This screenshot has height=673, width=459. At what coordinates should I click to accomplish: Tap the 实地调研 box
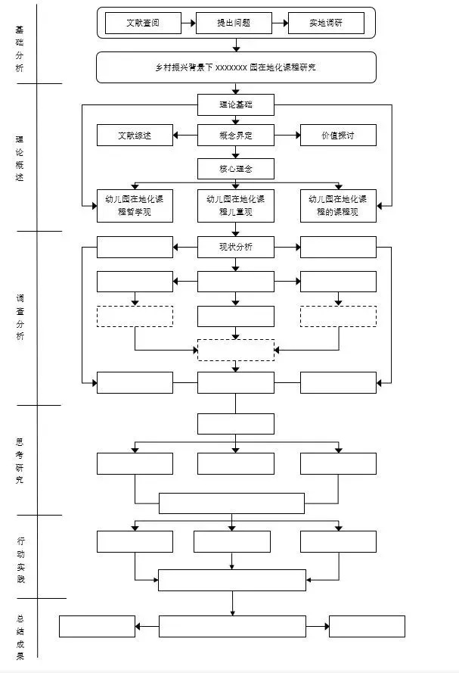(x=326, y=23)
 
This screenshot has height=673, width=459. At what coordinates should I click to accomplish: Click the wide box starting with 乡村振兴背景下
(x=236, y=67)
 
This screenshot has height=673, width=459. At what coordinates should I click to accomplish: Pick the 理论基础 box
(x=235, y=104)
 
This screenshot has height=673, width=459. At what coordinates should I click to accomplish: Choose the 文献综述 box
(x=135, y=136)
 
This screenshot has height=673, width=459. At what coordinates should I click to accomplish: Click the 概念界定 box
(x=235, y=136)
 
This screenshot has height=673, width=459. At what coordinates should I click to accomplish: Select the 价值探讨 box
(x=338, y=136)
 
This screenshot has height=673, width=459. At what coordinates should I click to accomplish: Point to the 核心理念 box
(x=235, y=168)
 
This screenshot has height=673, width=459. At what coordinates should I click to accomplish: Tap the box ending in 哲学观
(x=135, y=206)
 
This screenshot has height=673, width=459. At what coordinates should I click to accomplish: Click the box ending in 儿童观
(x=235, y=206)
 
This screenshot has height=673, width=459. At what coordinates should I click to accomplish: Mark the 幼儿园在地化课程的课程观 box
(x=338, y=206)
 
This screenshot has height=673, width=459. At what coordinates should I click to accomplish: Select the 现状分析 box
(x=235, y=248)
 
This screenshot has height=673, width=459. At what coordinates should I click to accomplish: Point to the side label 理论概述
(x=20, y=158)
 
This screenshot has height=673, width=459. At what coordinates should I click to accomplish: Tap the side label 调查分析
(x=20, y=317)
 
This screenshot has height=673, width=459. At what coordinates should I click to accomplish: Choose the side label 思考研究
(x=20, y=460)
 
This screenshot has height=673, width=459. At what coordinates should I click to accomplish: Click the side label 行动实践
(x=20, y=560)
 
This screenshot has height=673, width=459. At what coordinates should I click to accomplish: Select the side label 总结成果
(x=20, y=637)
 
